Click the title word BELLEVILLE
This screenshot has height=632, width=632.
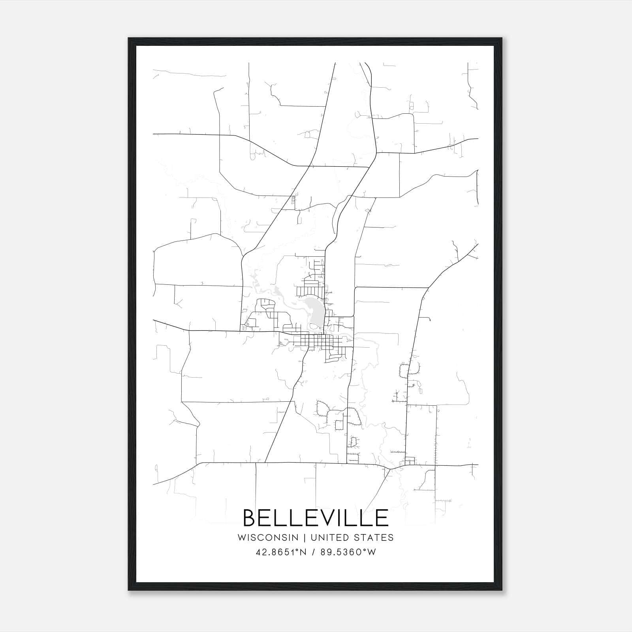pyautogui.click(x=316, y=518)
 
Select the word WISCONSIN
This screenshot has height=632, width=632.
pyautogui.click(x=268, y=538)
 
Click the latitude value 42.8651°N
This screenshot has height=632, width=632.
pyautogui.click(x=281, y=552)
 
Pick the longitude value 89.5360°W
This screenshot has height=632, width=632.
pyautogui.click(x=348, y=552)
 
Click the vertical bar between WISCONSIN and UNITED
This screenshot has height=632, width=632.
pyautogui.click(x=305, y=538)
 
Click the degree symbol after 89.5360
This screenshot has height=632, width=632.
pyautogui.click(x=366, y=549)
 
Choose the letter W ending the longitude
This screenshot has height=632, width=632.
pyautogui.click(x=372, y=552)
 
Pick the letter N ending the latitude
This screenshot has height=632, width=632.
pyautogui.click(x=303, y=552)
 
